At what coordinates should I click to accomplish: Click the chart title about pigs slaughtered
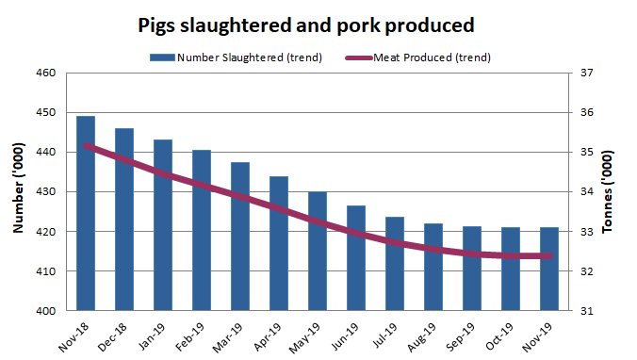tap(305, 24)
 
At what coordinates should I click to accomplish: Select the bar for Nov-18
tap(86, 213)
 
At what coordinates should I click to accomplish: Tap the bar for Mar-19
tap(240, 237)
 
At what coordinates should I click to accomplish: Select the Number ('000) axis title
tap(18, 192)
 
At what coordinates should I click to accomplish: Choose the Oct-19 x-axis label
tap(502, 333)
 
